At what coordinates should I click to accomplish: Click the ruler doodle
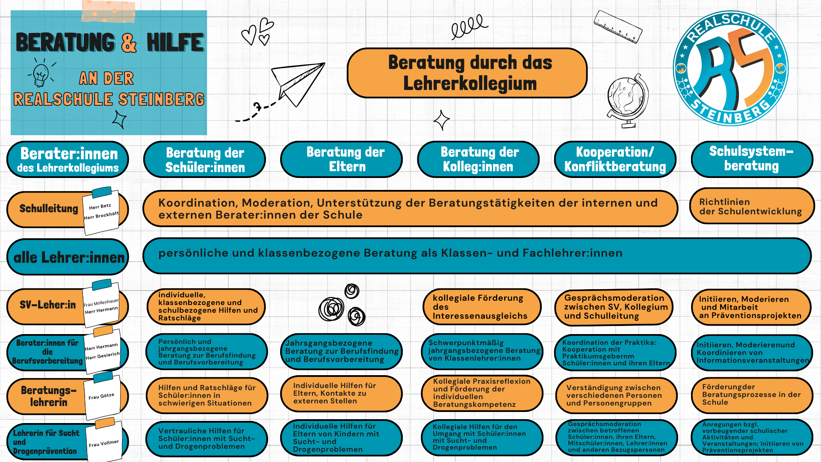coord(618,27)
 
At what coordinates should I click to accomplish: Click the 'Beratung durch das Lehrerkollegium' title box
coord(467,73)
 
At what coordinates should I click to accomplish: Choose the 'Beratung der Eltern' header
coord(341,159)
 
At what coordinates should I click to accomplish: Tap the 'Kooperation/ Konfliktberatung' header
coord(615,159)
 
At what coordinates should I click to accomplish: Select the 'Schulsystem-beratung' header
coord(751,159)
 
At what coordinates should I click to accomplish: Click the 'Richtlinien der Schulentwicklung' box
coord(751,206)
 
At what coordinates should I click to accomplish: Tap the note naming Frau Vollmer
coord(104,443)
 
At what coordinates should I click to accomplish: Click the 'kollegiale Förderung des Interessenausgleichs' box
coord(481,307)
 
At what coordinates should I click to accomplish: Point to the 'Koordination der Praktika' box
coord(615,352)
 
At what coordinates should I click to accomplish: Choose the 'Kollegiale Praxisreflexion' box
coord(481,393)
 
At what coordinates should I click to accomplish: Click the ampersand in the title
coord(129,43)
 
